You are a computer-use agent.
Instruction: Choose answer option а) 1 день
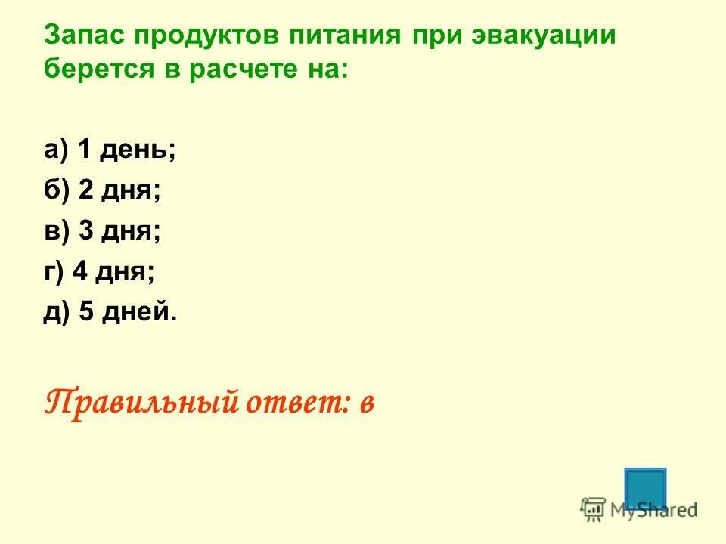(x=110, y=150)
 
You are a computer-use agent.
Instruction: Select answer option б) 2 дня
(x=102, y=190)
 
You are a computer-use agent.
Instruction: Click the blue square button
(x=645, y=487)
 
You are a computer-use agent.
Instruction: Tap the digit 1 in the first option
(x=85, y=150)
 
